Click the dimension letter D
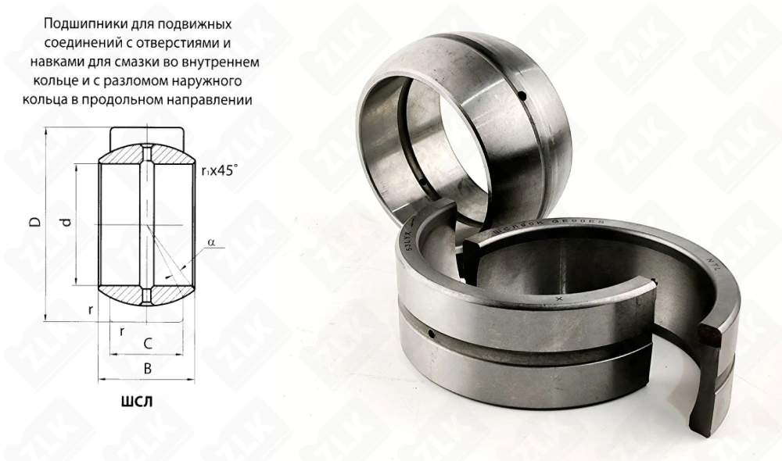[34, 221]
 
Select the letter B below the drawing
[145, 368]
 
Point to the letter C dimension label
[146, 342]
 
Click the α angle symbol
[212, 243]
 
